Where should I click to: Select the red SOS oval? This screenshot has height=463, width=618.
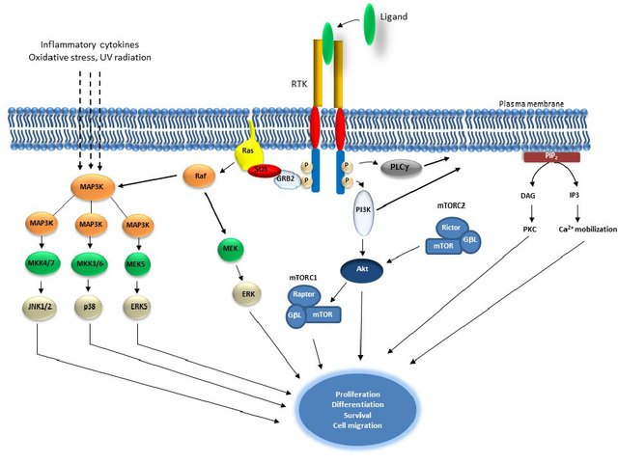[x=261, y=170]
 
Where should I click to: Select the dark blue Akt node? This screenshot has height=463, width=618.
[x=360, y=272]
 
